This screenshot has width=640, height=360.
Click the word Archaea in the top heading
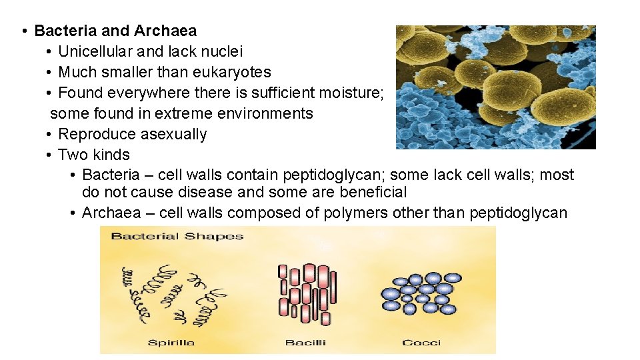point(165,31)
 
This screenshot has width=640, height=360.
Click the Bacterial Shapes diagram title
point(177,236)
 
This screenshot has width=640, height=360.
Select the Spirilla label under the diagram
point(171,343)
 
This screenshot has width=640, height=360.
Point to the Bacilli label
point(305,343)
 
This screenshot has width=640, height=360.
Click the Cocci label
point(421,343)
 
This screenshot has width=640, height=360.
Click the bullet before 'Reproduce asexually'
point(50,134)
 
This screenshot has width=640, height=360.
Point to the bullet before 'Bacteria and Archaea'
point(23,31)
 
